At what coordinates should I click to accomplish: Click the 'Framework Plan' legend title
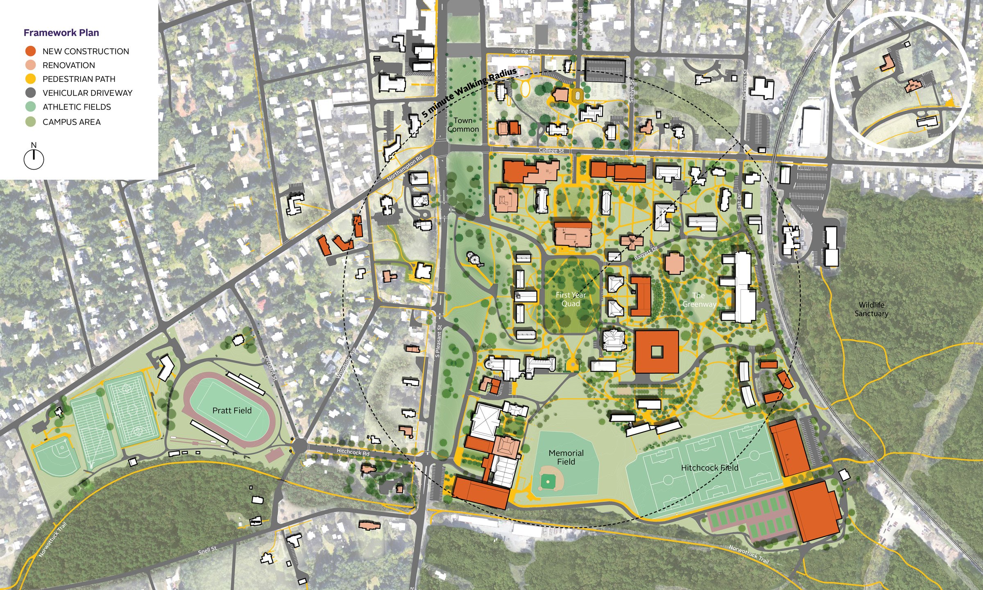(x=61, y=33)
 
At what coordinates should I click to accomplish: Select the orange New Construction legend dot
(x=31, y=51)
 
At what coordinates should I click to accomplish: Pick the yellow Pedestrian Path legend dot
(x=31, y=79)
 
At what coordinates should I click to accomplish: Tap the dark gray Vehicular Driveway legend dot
(x=31, y=93)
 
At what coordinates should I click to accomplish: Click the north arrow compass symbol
(x=34, y=159)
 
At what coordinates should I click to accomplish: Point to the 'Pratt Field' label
(x=232, y=411)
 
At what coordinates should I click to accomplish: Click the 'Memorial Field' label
(x=566, y=457)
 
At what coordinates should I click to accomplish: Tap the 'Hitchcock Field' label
(x=709, y=467)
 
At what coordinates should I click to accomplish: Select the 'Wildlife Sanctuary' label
(x=871, y=309)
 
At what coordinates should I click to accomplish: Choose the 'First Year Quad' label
(x=571, y=299)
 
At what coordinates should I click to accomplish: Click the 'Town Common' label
(x=463, y=125)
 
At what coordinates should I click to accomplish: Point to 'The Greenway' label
(x=699, y=300)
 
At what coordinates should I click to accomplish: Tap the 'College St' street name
(x=551, y=151)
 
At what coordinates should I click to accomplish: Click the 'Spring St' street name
(x=523, y=51)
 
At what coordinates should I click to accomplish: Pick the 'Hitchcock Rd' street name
(x=353, y=452)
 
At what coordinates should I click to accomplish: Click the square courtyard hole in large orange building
(x=657, y=351)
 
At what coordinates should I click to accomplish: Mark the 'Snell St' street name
(x=207, y=550)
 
